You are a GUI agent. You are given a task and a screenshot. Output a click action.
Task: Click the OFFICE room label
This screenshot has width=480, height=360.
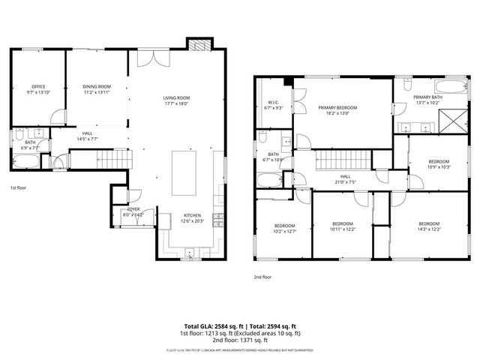click(x=38, y=87)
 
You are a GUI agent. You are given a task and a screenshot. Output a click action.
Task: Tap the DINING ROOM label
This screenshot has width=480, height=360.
click(x=97, y=87)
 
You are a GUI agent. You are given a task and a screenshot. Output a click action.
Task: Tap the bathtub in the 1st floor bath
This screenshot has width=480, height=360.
click(x=20, y=163)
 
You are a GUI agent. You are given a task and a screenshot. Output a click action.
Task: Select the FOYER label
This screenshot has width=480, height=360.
click(x=133, y=210)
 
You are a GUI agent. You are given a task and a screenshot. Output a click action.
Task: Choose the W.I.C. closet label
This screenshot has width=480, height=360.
click(x=274, y=103)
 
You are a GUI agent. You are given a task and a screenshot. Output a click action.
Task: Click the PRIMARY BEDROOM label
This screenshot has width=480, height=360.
click(x=337, y=108)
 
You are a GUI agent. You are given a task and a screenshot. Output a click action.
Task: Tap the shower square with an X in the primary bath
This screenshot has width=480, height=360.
click(x=452, y=118)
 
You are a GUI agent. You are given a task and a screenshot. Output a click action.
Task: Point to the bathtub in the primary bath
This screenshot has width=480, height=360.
click(x=412, y=85)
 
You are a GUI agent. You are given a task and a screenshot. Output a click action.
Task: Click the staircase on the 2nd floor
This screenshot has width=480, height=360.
click(x=342, y=159)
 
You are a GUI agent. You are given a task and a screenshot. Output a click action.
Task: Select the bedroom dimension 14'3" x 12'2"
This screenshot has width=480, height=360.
click(x=428, y=229)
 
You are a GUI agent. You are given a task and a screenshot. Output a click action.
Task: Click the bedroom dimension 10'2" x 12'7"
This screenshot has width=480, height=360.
click(x=284, y=231)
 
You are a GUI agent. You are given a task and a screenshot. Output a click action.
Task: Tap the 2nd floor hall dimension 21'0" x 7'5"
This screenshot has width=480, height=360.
click(x=346, y=181)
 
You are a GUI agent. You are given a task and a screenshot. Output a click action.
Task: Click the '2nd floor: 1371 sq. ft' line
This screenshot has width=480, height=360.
click(x=239, y=339)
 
